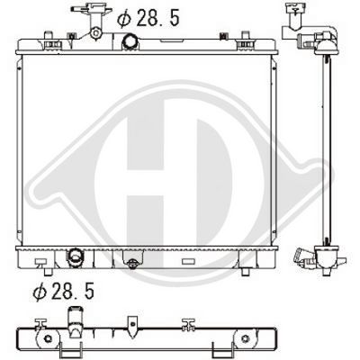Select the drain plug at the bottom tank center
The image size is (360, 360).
[132, 265]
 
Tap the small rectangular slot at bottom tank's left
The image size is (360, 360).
[40, 262]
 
